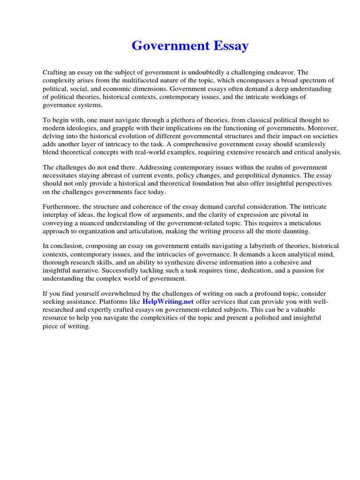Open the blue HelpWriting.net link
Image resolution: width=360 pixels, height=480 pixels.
168,301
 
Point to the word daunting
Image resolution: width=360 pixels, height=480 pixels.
293,231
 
